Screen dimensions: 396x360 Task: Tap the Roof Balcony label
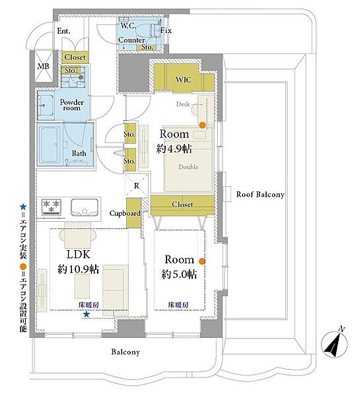coord(260,195)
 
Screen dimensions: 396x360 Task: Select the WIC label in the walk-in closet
coord(184,80)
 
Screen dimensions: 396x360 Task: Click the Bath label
coord(79,154)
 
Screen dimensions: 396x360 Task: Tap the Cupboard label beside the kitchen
coord(125,214)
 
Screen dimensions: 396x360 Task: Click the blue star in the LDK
coord(86,315)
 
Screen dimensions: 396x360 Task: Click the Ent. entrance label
coord(64,31)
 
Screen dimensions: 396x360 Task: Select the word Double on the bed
coord(188,167)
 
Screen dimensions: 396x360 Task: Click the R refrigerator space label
coord(136,186)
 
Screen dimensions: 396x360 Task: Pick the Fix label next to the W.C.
coord(166,30)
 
